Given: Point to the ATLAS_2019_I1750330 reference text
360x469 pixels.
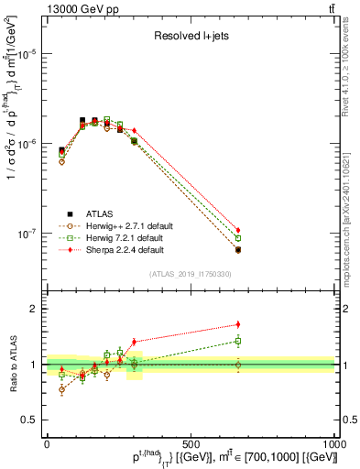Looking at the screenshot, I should pyautogui.click(x=190, y=274).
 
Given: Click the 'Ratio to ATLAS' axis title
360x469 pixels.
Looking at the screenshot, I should pyautogui.click(x=12, y=365).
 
